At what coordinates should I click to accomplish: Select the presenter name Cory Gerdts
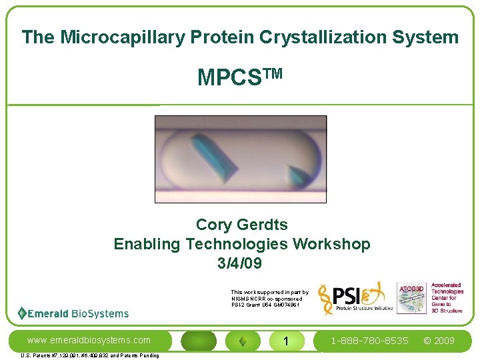241,225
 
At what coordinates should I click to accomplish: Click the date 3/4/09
239,263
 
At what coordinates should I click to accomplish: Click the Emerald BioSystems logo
73,313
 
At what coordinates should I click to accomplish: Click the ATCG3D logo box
412,298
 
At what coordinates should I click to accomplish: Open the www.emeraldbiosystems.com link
89,341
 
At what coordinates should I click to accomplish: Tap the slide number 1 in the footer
285,341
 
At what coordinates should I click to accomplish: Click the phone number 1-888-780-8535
370,341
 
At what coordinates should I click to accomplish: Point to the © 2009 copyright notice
439,341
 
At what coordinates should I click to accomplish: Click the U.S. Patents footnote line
90,355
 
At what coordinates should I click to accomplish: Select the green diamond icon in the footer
243,341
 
